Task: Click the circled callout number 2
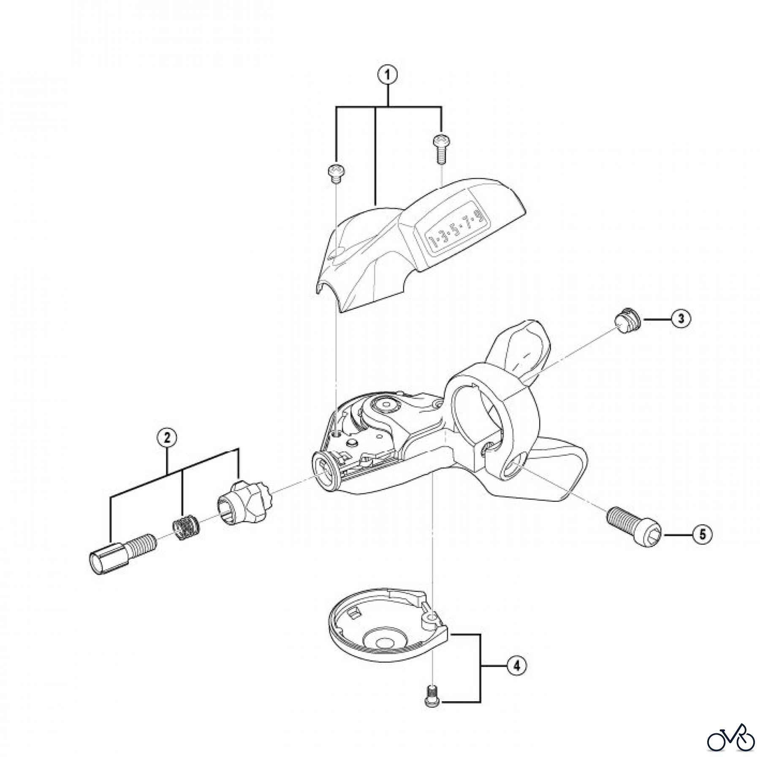[167, 438]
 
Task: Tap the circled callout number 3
[681, 319]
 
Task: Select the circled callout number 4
[516, 666]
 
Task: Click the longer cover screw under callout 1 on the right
[440, 147]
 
